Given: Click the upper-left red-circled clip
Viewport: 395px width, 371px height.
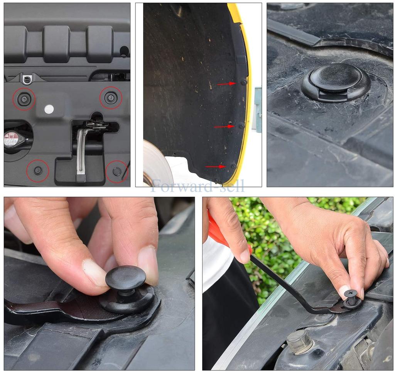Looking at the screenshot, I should [x=24, y=99].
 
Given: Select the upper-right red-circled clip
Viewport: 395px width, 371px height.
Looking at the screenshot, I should [x=111, y=98].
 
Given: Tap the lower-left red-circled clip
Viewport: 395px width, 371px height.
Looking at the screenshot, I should [x=38, y=170].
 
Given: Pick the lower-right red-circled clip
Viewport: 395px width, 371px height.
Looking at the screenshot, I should [x=117, y=171].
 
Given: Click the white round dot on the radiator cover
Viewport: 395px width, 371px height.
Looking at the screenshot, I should [x=49, y=109].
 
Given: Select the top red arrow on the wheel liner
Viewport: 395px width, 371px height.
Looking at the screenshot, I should [x=226, y=83].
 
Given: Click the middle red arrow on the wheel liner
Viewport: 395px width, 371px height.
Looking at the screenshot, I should [x=224, y=126].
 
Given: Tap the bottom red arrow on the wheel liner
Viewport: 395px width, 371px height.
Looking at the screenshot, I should [x=215, y=167].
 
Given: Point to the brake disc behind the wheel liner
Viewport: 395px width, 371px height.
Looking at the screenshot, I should [x=156, y=164].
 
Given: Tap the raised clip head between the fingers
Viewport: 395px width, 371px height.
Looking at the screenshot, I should [x=125, y=277].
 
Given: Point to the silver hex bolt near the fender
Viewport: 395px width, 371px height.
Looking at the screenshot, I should [x=300, y=341].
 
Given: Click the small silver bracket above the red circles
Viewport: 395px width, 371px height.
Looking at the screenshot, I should [x=27, y=79].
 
